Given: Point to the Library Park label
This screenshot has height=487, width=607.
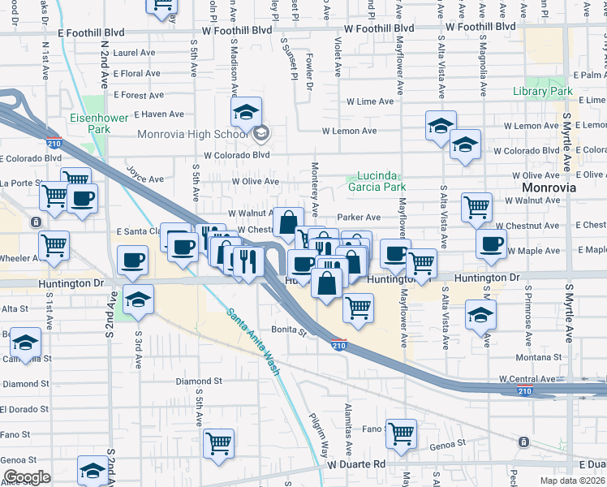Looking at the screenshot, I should click(x=543, y=92).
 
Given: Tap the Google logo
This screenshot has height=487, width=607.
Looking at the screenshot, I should click(x=27, y=477).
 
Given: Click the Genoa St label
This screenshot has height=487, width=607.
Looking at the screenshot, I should click(x=448, y=445).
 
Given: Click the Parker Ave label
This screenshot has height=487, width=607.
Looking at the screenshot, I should click(x=359, y=218).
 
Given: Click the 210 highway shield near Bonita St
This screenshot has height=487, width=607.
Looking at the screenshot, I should click(x=339, y=345).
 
